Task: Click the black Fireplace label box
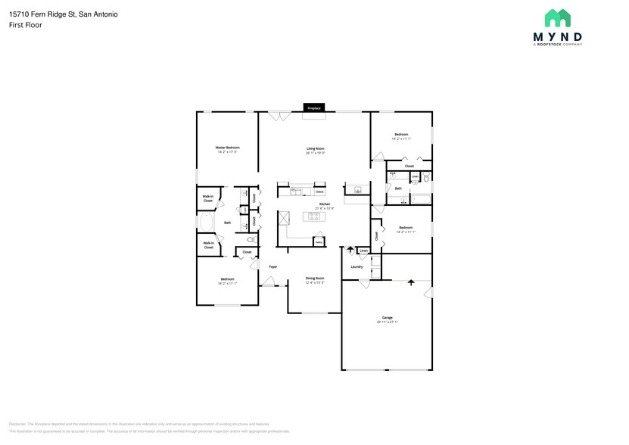314,108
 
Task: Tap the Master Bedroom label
227,148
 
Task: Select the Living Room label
315,148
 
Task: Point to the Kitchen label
324,204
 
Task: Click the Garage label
387,317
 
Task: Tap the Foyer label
272,266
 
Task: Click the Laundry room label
357,266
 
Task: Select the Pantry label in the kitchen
319,241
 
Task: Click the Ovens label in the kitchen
319,192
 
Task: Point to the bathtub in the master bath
205,222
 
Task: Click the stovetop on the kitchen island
313,217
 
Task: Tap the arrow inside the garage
411,282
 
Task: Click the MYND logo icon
558,18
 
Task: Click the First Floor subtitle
26,25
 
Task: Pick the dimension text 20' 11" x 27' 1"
387,322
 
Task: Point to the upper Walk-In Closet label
207,198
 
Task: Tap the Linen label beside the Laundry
363,250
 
